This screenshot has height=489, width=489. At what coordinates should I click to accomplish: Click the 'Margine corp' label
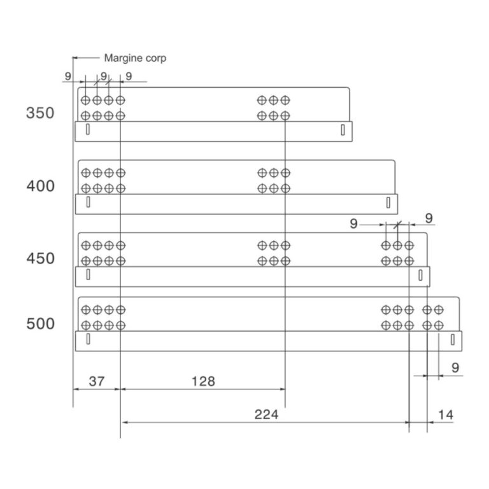pos(135,58)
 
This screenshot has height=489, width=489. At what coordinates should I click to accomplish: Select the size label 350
pos(40,114)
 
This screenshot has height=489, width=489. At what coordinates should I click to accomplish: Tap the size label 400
pos(40,187)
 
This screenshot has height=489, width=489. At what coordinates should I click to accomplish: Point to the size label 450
pos(40,259)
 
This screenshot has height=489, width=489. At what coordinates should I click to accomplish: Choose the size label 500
pos(40,324)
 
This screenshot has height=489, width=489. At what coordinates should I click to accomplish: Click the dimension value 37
pos(96,381)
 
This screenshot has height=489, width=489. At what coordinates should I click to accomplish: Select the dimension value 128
pos(203,381)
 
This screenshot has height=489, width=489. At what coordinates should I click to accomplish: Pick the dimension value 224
pos(266,415)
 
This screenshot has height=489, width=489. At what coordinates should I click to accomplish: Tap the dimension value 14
pos(446,415)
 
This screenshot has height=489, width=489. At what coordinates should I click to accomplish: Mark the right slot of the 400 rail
pos(389,202)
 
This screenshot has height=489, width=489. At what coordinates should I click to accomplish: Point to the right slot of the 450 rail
pos(421,275)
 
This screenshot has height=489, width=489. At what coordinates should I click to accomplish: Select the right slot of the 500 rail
pos(453,339)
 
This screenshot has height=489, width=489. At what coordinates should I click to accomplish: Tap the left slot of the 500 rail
pos(88,339)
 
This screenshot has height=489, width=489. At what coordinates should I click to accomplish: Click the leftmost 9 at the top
pos(67,76)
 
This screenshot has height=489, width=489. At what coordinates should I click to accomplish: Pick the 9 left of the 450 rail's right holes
pos(355,223)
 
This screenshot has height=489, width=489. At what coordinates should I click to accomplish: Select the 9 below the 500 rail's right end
pos(455,367)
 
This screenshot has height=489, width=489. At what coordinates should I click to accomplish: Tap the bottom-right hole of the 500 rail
pos(439,325)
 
